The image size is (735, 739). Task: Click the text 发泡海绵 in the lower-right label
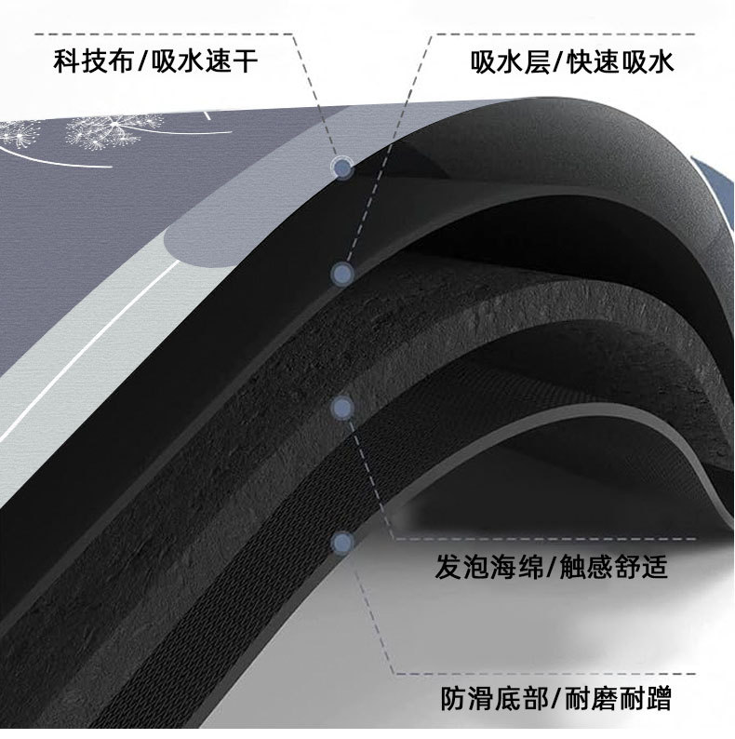pos(482,567)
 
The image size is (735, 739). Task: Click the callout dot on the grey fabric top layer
pos(342,168)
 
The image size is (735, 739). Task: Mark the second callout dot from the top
pos(342,273)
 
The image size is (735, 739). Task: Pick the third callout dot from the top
pos(341,406)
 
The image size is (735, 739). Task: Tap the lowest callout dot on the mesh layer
pos(341,541)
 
